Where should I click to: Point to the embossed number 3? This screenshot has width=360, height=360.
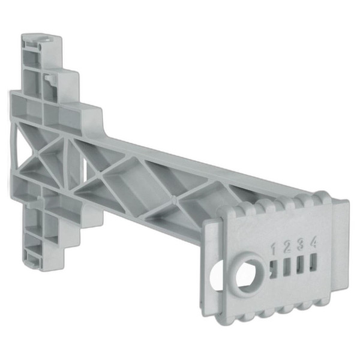click(301, 244)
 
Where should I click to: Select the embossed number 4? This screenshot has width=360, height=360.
click(313, 242)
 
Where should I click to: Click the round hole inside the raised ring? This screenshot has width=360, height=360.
click(248, 274)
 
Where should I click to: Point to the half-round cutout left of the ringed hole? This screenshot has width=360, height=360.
click(217, 275)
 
